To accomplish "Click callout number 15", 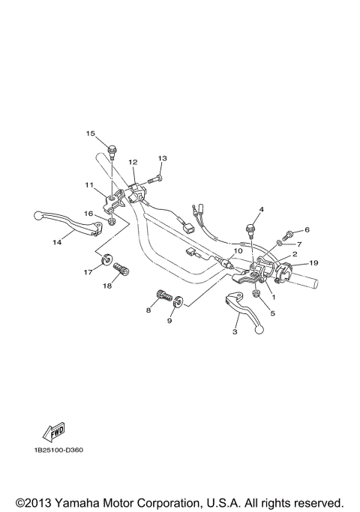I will [x=90, y=134].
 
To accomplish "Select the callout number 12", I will [x=133, y=162].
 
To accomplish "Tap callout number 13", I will [x=162, y=159].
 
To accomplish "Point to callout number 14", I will [x=56, y=242].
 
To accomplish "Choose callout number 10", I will [x=237, y=251].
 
